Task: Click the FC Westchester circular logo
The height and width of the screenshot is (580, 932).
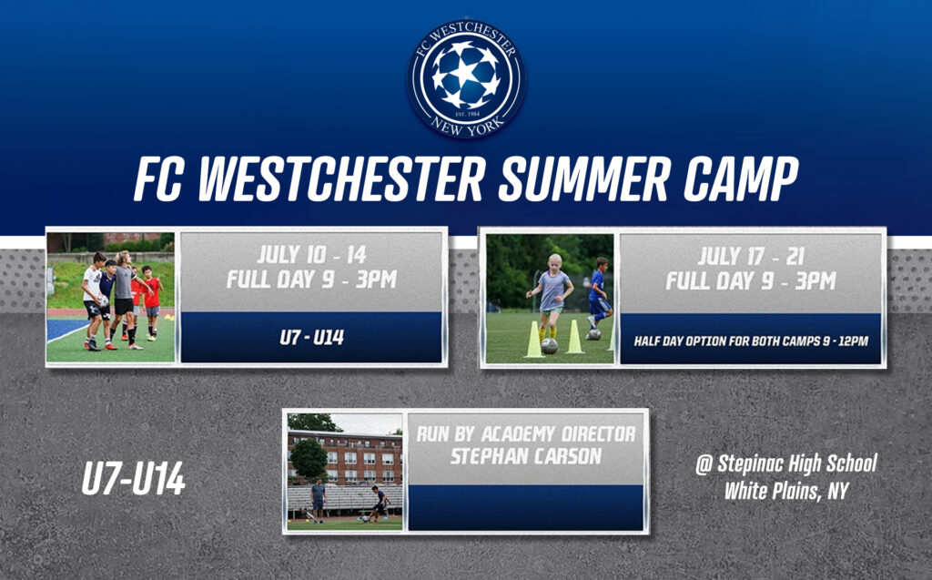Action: coord(467,78)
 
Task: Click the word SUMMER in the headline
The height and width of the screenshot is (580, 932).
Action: coord(584,179)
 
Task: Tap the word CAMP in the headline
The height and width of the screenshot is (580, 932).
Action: coord(741,179)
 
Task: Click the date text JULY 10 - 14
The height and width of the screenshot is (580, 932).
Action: coord(312,255)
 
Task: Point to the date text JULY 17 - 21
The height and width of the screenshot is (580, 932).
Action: coord(751,257)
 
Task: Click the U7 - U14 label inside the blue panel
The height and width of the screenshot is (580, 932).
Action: coord(312,338)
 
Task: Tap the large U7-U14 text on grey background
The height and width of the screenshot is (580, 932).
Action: coord(133,480)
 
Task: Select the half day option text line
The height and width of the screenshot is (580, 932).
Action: coord(751,341)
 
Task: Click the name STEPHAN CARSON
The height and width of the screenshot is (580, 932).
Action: coord(525,457)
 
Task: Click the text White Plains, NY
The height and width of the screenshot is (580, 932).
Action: coord(785,491)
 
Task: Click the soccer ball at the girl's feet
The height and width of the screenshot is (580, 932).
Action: coord(550,346)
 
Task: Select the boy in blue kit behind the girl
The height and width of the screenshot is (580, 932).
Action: coord(599,296)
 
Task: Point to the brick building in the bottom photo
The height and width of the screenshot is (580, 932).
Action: coord(345,457)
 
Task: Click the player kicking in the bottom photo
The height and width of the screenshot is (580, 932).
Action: coord(378,504)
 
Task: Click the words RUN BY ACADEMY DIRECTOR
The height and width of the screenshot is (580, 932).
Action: coord(525,433)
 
